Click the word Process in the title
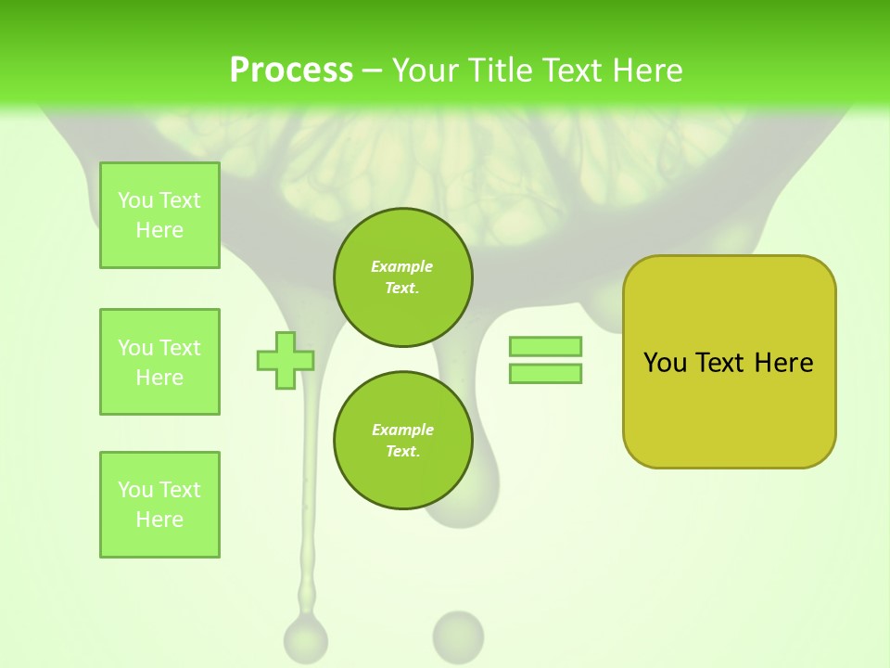point(291,71)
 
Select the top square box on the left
point(159,215)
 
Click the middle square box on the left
point(159,362)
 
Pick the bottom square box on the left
point(159,505)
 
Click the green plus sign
point(286,361)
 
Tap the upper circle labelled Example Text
point(402,277)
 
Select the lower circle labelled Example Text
point(402,441)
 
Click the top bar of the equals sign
point(545,346)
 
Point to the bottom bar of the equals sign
point(545,374)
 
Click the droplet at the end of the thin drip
point(305,638)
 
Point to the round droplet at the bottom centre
point(458,635)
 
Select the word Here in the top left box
point(159,230)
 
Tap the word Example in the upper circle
point(402,266)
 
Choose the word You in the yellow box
point(665,363)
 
